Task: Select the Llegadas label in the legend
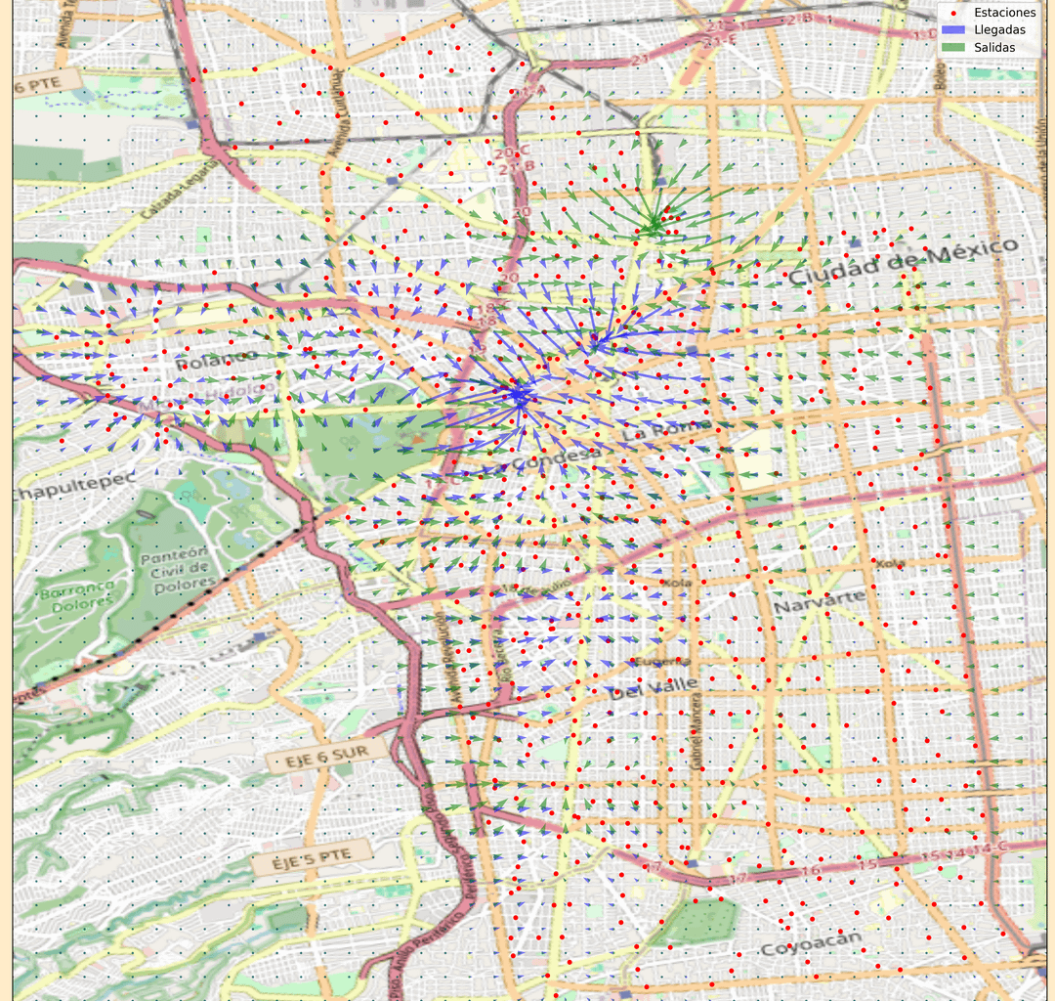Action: point(1000,30)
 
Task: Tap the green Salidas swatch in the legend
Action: point(952,48)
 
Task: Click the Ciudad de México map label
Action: point(903,261)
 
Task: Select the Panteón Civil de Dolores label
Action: point(177,570)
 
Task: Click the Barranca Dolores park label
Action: point(77,593)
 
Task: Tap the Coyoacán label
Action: point(811,944)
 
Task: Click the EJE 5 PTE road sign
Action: point(312,859)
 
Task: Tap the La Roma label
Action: point(650,430)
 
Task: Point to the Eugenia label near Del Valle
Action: point(652,662)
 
